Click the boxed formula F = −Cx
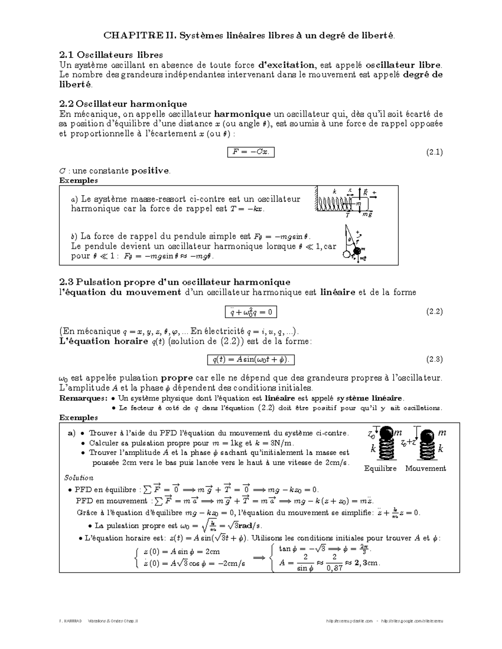pos(251,152)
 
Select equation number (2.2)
pos(434,311)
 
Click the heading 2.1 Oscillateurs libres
pos(111,55)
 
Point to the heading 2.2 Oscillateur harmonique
pos(123,104)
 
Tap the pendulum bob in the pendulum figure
pos(357,251)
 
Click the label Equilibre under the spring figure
pos(380,468)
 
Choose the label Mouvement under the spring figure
pos(425,468)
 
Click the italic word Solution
pos(79,478)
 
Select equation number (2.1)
pos(434,152)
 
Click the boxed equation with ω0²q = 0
pos(251,312)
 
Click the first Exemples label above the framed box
pos(78,181)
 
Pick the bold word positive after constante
pos(150,171)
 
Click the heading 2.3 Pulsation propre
pos(174,282)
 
